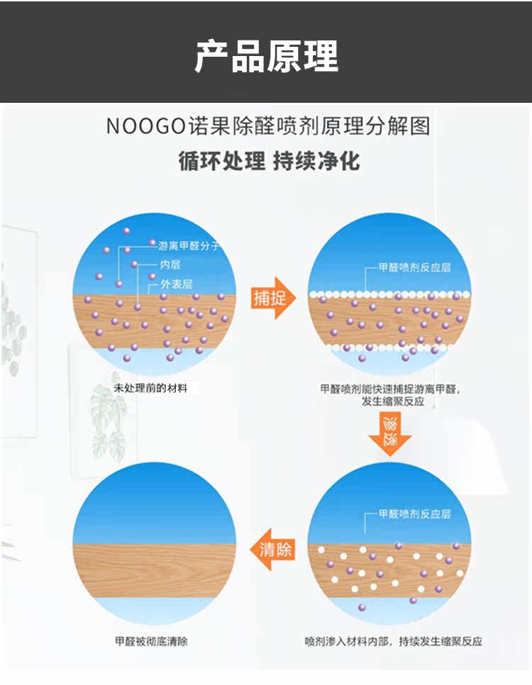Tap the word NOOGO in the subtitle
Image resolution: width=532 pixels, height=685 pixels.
[x=145, y=127]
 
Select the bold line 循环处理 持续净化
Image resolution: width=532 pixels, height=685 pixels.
[x=269, y=161]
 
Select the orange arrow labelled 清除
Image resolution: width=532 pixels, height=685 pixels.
[x=274, y=549]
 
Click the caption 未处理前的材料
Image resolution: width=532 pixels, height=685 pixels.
[x=150, y=389]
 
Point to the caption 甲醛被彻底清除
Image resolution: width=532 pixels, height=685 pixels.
[x=152, y=641]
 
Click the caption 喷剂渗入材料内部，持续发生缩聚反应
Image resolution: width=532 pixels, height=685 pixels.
[x=393, y=641]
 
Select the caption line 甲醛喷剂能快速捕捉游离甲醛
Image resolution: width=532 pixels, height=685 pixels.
[x=389, y=389]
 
